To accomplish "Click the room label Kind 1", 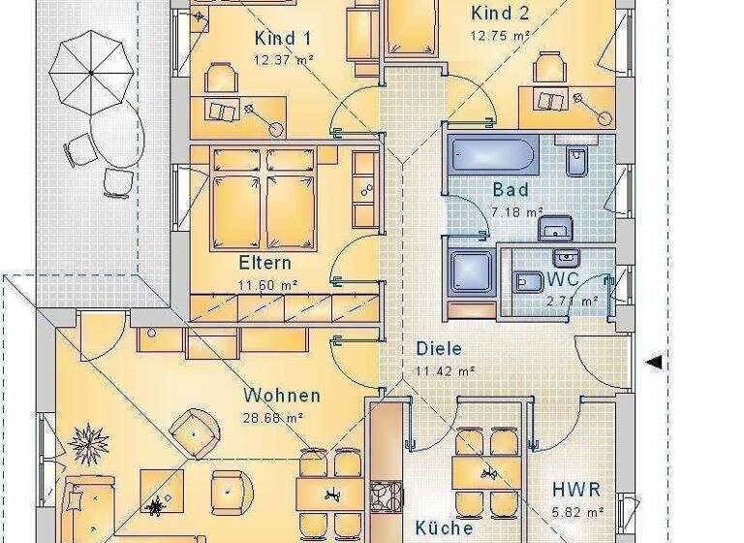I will click(x=282, y=39).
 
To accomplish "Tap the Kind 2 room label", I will click(x=500, y=14).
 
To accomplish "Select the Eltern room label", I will click(x=264, y=263).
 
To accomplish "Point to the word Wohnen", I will click(x=282, y=396).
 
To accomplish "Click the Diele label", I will click(x=439, y=349).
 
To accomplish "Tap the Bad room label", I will click(x=511, y=190).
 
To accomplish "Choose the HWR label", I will click(x=576, y=490).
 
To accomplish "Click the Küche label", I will click(x=445, y=528).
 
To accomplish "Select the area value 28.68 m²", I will click(x=273, y=418).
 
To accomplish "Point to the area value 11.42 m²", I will click(x=445, y=370).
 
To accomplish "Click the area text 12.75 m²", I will click(x=500, y=36).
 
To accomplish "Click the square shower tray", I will click(x=471, y=272).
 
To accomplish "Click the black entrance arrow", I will click(x=654, y=363).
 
